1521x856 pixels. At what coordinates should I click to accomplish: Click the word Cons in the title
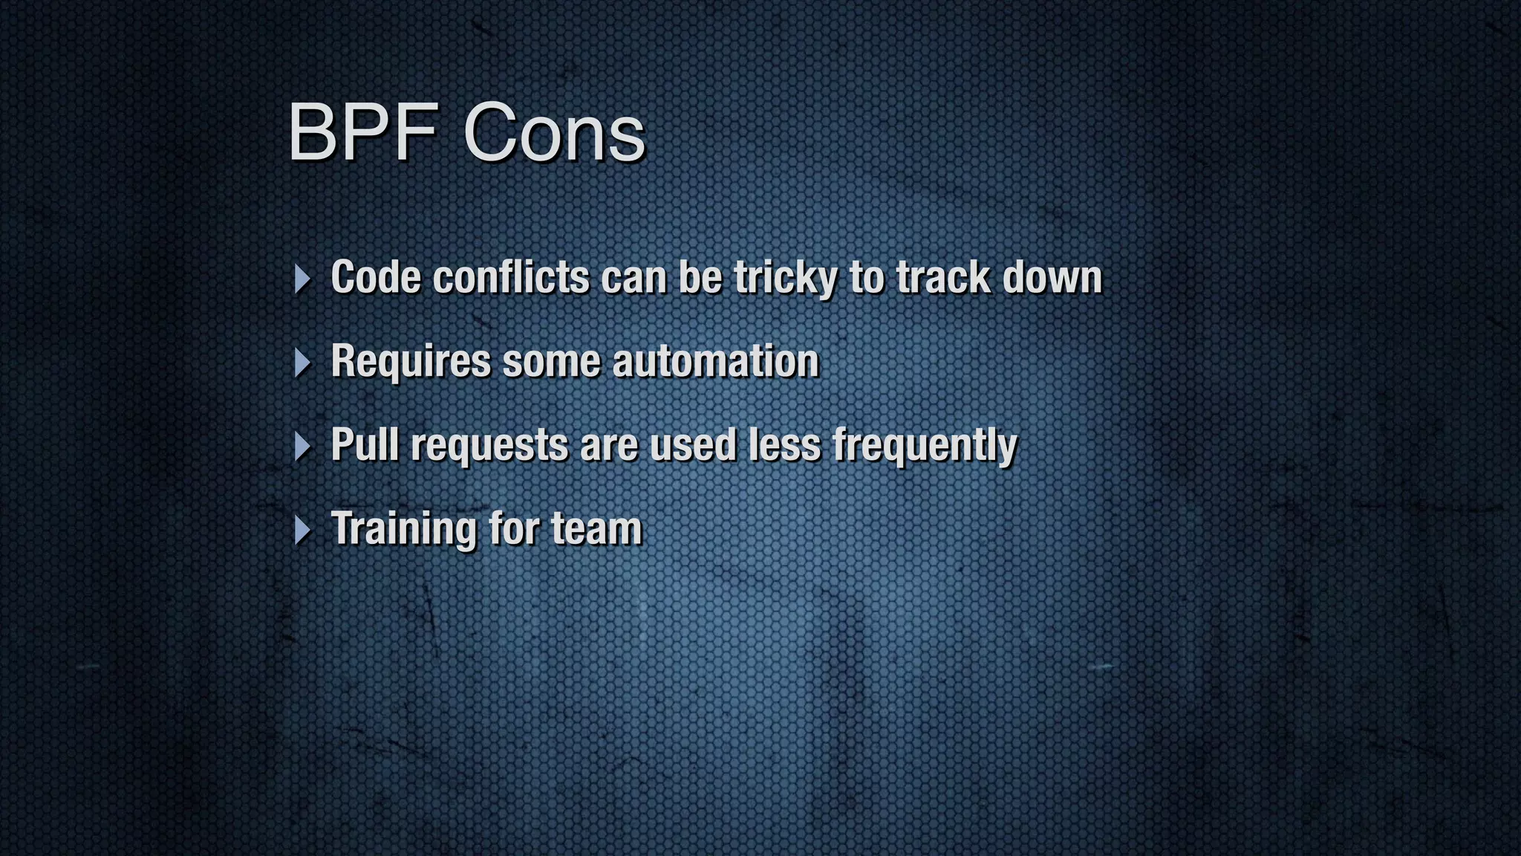pos(554,134)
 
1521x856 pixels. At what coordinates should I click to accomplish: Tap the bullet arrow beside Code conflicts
pos(302,279)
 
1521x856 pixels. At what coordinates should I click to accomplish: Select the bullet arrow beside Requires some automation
pos(302,363)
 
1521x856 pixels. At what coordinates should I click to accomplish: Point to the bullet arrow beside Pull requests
pos(302,447)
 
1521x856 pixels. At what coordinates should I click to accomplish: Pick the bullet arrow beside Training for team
pos(302,531)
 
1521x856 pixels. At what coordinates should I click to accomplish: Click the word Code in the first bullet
pos(376,277)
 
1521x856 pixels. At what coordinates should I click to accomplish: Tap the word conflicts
pos(511,277)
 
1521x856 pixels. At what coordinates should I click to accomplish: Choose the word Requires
pos(411,361)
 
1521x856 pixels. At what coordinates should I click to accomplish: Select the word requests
pos(489,446)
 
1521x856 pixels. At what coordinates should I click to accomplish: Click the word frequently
pos(924,446)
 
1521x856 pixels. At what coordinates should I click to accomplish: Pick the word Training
pos(403,529)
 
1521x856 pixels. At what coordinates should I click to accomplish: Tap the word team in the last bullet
pos(596,529)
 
